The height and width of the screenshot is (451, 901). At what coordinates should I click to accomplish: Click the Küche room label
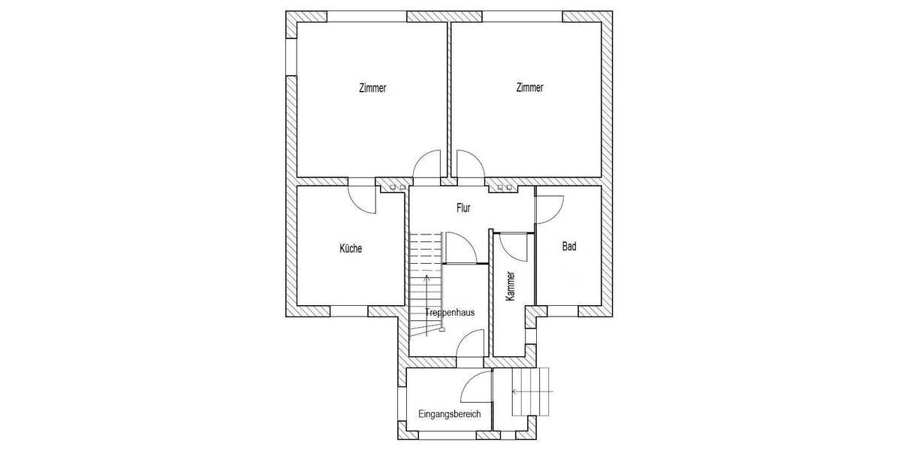coord(351,248)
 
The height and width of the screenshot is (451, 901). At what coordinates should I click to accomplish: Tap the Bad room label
coord(569,246)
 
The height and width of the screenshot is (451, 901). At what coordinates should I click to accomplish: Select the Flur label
coord(463,207)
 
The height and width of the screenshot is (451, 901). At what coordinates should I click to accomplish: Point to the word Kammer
coord(511,286)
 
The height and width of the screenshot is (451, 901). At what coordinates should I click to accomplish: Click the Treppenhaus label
coord(450,313)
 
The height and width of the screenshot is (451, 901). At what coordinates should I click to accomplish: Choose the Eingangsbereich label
coord(449,414)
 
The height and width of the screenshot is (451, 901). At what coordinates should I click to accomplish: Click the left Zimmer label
coord(372,88)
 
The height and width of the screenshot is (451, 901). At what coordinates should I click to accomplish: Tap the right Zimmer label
coord(530,87)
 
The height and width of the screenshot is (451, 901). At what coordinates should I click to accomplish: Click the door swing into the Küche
coord(356,206)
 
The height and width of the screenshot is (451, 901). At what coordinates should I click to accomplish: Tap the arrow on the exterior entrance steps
coord(532,392)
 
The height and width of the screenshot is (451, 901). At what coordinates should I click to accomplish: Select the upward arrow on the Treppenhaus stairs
coord(426,305)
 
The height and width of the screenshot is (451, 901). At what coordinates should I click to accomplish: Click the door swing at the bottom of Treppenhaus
coord(464,337)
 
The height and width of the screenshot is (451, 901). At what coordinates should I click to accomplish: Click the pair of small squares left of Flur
coord(397,188)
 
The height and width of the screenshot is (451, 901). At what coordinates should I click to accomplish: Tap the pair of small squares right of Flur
coord(505,188)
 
